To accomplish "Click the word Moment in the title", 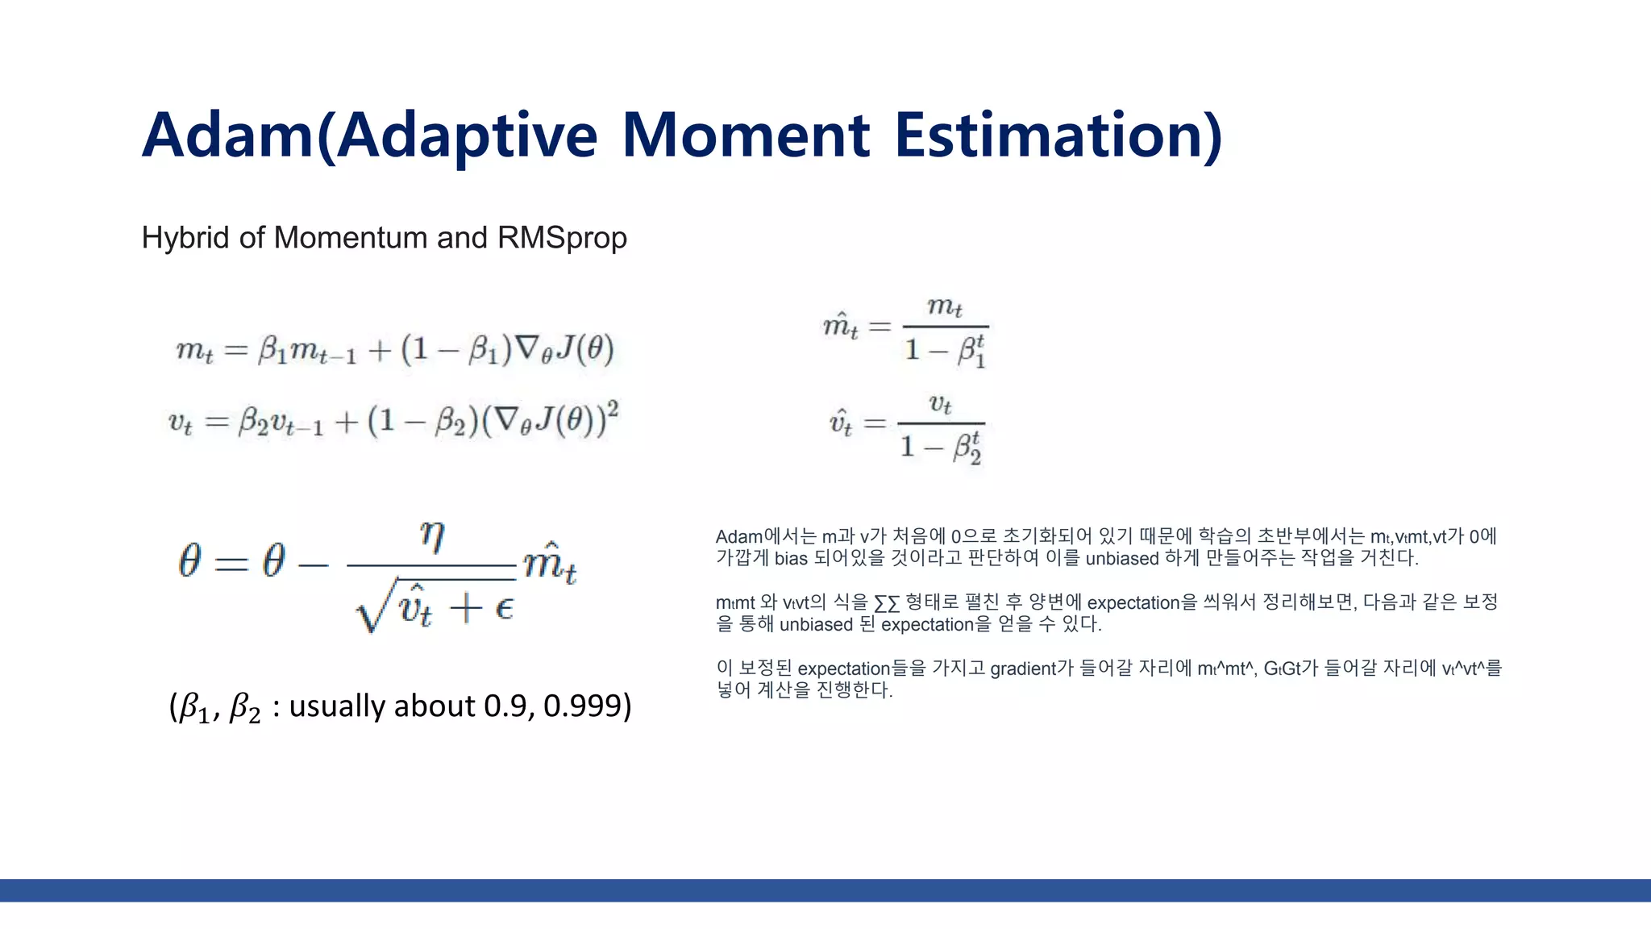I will click(746, 135).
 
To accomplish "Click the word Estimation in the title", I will click(1058, 135).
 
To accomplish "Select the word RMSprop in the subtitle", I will click(562, 238).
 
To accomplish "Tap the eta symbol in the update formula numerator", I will click(432, 536).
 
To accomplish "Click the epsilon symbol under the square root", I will click(504, 607).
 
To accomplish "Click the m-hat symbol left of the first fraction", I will click(840, 326).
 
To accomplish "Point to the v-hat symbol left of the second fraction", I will click(841, 423).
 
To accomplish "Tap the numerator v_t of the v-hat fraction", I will click(941, 403).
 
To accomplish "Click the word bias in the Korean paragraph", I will click(790, 558).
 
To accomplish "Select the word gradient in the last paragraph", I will click(1022, 669).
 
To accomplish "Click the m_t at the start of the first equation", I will click(194, 351).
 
